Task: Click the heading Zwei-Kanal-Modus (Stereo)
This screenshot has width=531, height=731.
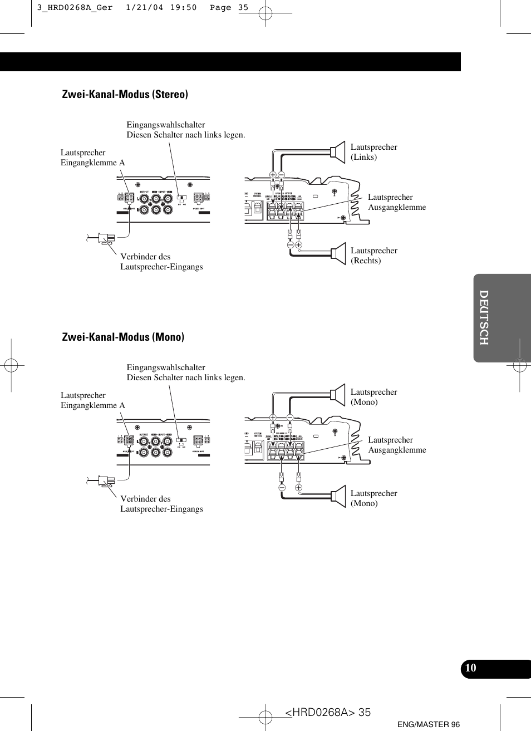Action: coord(125,94)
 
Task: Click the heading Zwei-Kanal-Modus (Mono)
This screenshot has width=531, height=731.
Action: coord(123,337)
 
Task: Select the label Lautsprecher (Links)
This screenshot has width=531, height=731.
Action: coord(373,152)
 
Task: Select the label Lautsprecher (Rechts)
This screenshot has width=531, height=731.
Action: coord(373,256)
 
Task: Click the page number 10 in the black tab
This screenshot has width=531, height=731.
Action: coord(471,668)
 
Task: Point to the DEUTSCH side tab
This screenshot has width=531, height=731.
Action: coord(484,317)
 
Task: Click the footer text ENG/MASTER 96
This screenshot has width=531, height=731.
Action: coord(429,724)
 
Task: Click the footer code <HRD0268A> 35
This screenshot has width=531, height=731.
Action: coord(327,712)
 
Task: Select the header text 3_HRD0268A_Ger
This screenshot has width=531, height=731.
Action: coord(75,8)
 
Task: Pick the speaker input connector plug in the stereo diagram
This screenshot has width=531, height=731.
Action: coord(106,239)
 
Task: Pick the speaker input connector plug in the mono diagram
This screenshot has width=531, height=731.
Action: coord(106,480)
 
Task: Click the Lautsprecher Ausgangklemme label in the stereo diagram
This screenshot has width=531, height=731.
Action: coord(396,202)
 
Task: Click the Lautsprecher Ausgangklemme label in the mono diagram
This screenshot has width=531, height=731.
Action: coord(396,445)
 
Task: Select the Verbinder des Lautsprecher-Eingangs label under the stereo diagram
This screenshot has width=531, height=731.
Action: coord(161,262)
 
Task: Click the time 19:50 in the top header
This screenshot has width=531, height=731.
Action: coord(183,8)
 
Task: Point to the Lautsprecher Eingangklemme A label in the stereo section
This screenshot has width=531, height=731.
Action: coord(92,158)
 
